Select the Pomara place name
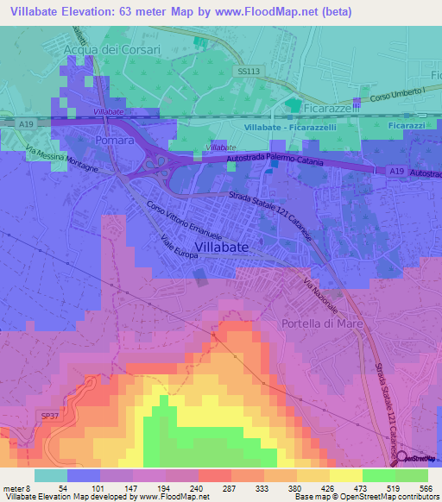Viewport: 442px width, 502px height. [x=115, y=140]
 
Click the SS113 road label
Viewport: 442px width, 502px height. [x=249, y=73]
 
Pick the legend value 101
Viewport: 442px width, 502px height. [x=101, y=489]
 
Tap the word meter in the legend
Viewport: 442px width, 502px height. [x=13, y=489]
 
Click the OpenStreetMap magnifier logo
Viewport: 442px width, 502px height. [x=400, y=459]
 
